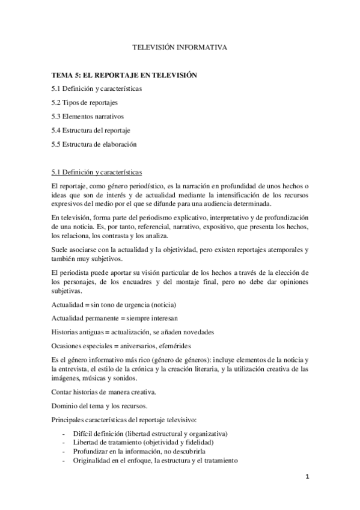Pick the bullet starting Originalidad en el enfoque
coord(155,460)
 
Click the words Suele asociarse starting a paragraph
coord(73,249)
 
